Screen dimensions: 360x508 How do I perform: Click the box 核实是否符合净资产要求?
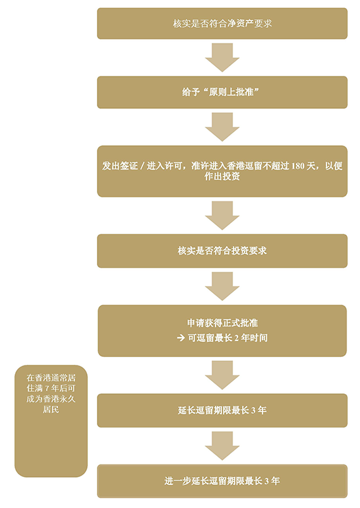(222, 24)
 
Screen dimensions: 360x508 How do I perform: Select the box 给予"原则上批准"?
(222, 92)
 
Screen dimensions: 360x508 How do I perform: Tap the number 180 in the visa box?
(298, 166)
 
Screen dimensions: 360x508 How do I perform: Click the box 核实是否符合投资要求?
(222, 251)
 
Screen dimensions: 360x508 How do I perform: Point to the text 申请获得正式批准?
(222, 323)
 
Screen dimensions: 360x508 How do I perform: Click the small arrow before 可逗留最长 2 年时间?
(181, 338)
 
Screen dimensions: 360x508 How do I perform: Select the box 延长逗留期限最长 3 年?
(222, 410)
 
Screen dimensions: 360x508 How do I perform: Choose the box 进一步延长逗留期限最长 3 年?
(222, 481)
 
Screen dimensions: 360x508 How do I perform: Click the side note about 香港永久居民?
(51, 421)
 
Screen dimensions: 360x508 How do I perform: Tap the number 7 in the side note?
(47, 389)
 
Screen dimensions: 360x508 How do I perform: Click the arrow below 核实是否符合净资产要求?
(222, 57)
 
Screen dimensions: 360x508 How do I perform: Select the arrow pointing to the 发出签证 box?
(222, 127)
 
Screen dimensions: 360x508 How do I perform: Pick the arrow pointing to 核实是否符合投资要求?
(222, 216)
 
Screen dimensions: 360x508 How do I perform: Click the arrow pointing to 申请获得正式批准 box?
(222, 286)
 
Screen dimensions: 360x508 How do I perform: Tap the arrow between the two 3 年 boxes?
(222, 446)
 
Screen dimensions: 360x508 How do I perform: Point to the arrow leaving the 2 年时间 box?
(222, 375)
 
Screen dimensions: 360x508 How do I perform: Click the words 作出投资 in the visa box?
(222, 177)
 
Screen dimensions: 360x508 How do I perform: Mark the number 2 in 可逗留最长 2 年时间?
(237, 338)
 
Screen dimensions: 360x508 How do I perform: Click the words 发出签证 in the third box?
(120, 166)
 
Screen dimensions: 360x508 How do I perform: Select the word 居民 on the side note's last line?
(51, 410)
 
